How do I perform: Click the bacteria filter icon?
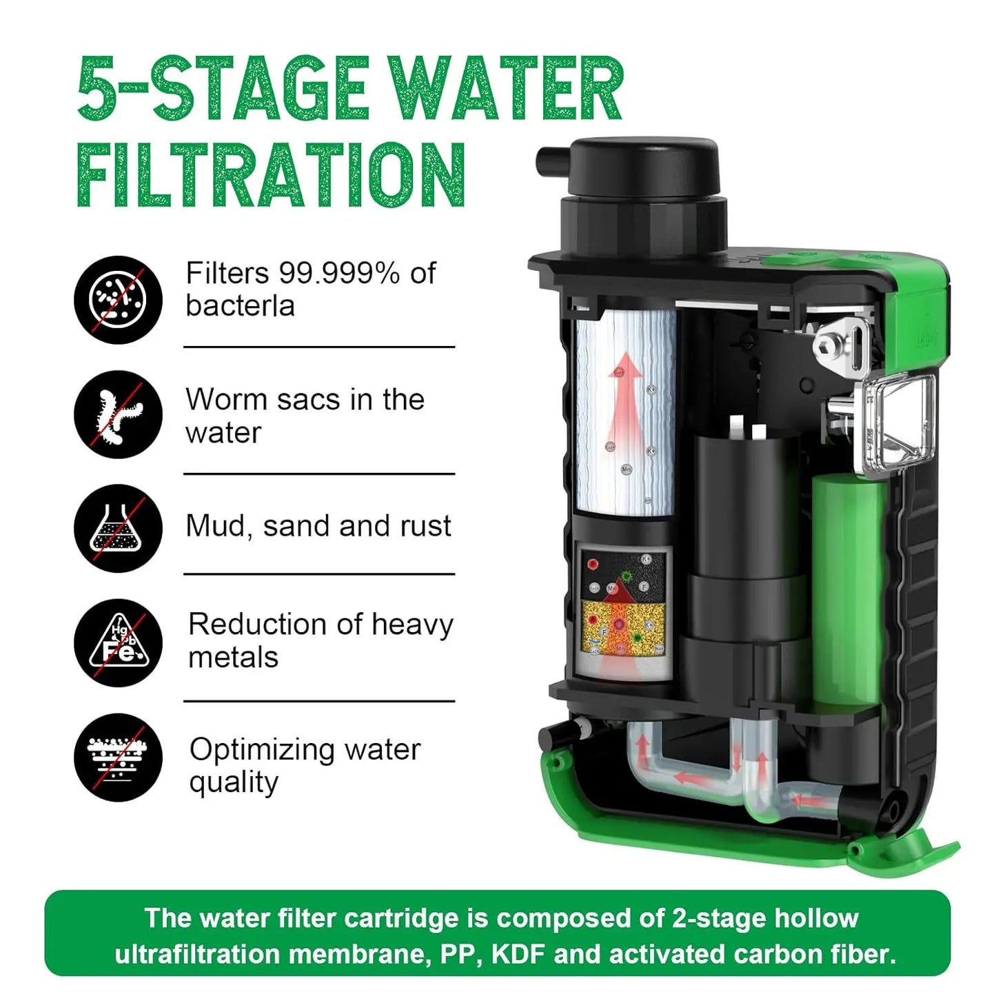click(x=118, y=299)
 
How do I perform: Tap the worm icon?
click(x=118, y=414)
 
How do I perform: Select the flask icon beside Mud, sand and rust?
click(x=118, y=528)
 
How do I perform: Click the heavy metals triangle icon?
click(x=118, y=643)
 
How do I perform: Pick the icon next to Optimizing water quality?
click(x=118, y=758)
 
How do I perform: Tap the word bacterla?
click(x=240, y=305)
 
